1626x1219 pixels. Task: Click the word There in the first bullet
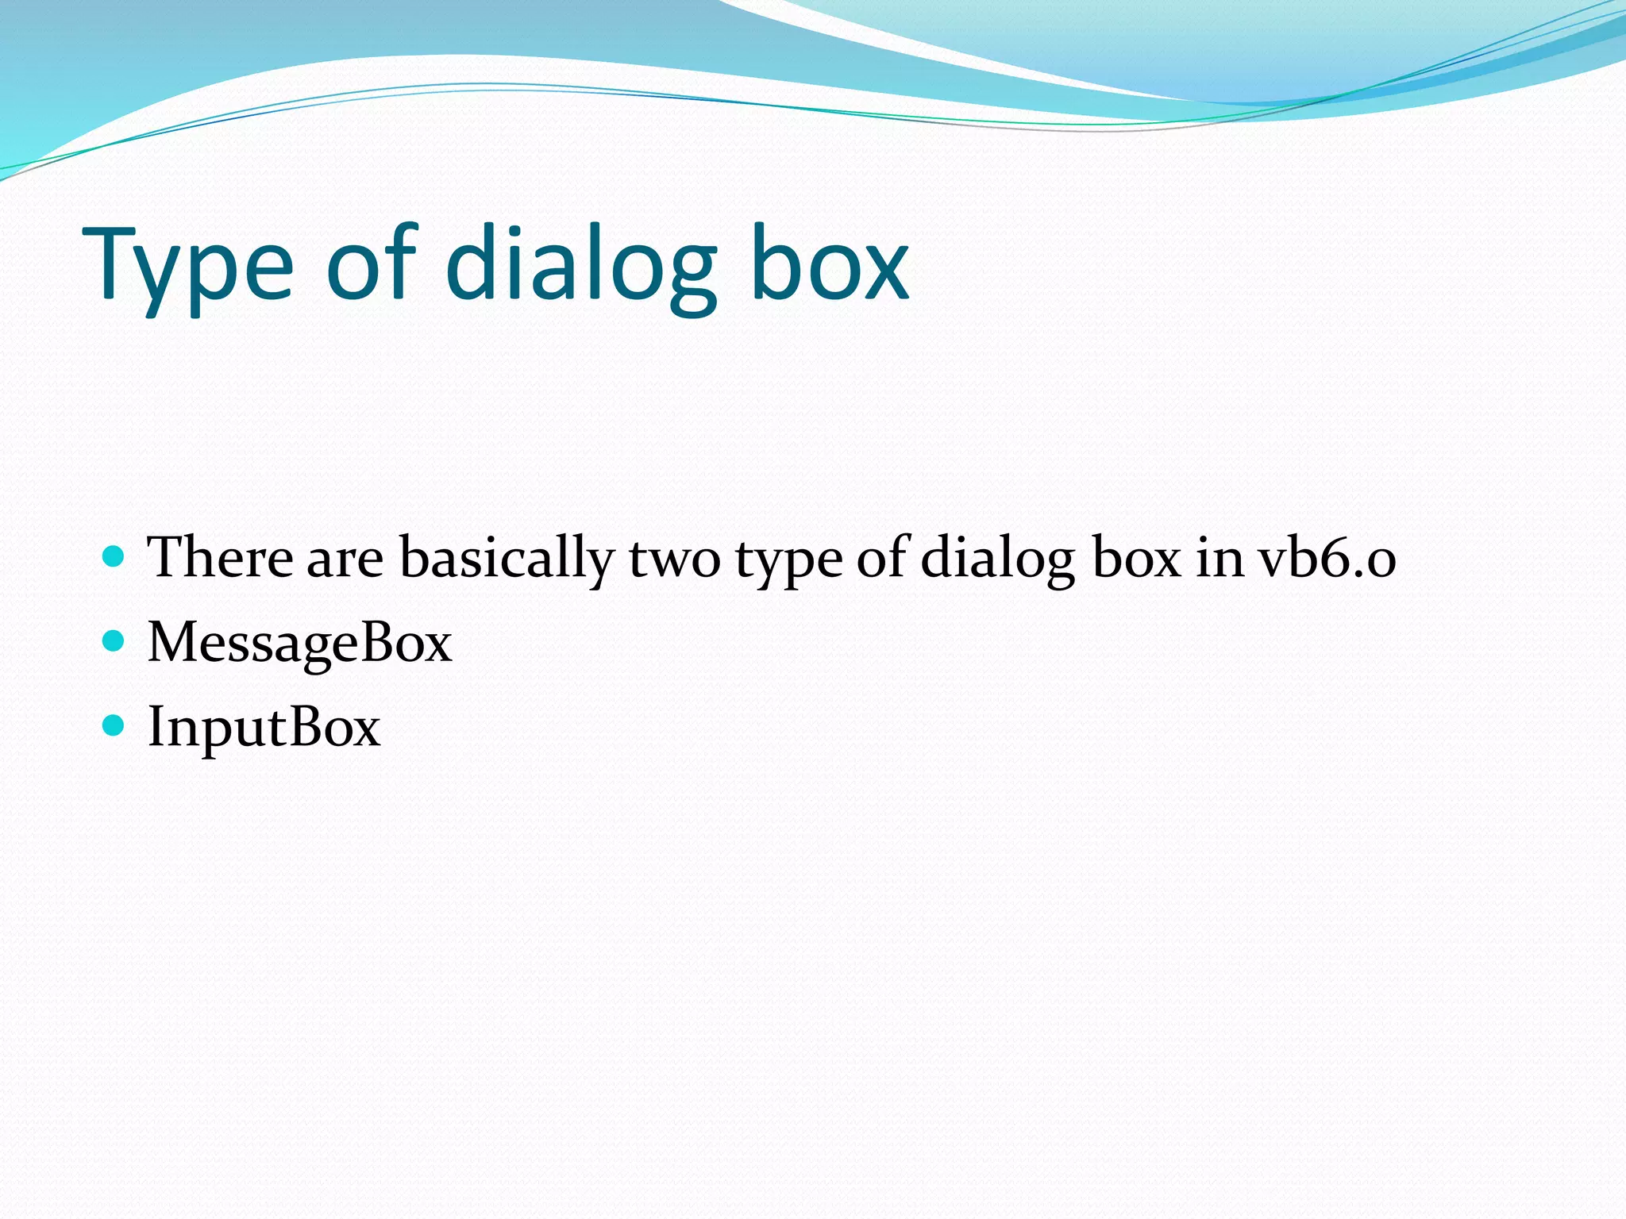220,557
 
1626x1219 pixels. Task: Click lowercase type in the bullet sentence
788,562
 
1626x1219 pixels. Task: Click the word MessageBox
299,643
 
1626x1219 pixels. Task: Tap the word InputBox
264,727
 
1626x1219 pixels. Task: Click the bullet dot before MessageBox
114,640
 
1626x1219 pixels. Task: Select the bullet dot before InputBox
114,725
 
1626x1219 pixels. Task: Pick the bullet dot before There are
114,556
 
